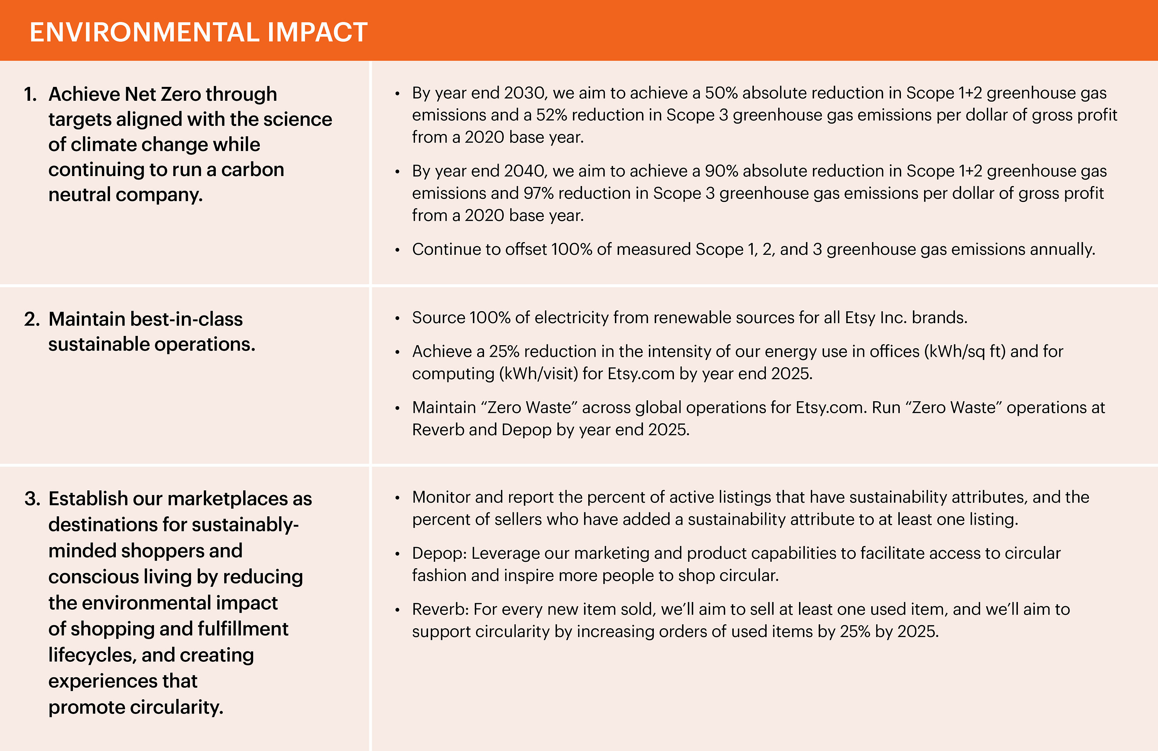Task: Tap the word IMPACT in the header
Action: [317, 32]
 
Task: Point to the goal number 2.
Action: [32, 319]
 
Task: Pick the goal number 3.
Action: [32, 499]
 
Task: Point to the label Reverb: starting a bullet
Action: [440, 609]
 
